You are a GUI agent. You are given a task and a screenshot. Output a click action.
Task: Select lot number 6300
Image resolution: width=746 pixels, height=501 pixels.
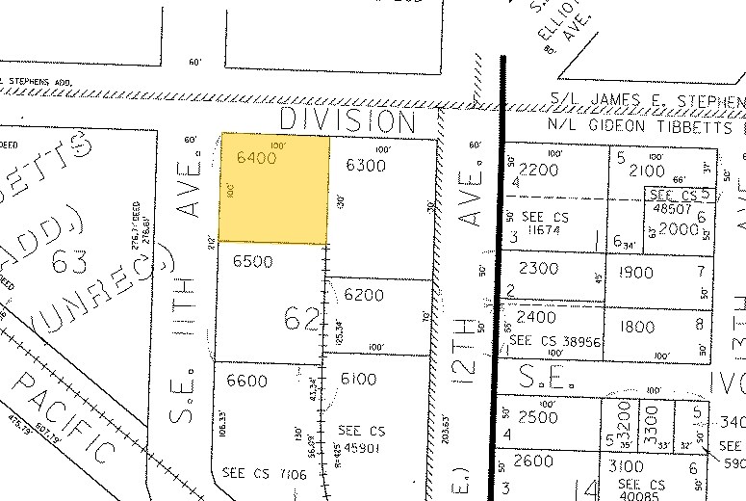(x=366, y=165)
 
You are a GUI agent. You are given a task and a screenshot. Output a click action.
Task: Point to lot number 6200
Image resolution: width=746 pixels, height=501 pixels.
(x=363, y=295)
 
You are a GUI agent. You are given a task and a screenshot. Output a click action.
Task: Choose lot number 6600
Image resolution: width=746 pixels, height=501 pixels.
(x=245, y=381)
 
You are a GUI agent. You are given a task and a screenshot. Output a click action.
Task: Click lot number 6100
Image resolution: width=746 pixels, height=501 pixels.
(x=357, y=380)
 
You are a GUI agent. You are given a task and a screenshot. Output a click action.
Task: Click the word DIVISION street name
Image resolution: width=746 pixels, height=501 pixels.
(x=347, y=121)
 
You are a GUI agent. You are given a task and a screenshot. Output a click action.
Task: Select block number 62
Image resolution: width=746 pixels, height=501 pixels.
(x=302, y=317)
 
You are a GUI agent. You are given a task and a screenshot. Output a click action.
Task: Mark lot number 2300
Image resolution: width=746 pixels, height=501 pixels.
(x=538, y=269)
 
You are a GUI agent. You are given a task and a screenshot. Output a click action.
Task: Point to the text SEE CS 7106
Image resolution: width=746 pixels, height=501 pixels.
(x=254, y=473)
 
